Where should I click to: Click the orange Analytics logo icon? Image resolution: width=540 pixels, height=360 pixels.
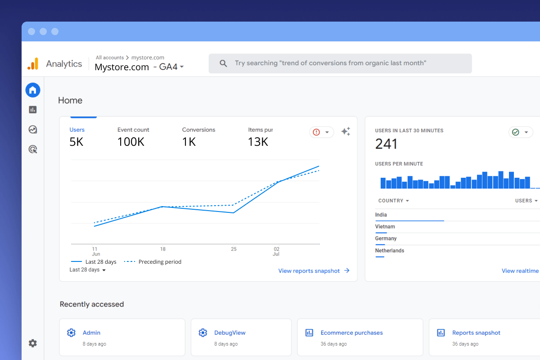click(33, 64)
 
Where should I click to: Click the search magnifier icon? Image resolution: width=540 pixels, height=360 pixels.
click(223, 63)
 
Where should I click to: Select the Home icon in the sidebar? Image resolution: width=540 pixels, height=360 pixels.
click(33, 90)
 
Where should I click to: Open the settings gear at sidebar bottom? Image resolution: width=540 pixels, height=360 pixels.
click(33, 343)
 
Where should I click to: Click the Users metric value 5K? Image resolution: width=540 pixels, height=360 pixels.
click(76, 142)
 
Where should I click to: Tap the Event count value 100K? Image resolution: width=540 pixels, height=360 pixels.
click(131, 142)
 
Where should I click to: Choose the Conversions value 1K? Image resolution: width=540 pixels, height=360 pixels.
click(189, 142)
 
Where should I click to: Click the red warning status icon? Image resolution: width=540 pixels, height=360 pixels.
click(316, 132)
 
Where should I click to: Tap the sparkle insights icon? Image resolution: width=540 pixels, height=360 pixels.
click(346, 132)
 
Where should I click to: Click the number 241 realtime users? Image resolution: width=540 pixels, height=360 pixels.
click(386, 144)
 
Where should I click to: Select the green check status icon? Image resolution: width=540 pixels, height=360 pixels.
click(516, 132)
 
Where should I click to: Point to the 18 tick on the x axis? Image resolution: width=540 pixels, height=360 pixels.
click(163, 249)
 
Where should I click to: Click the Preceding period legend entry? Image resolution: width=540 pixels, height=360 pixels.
click(160, 262)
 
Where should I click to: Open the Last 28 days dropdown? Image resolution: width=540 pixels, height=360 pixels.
click(88, 270)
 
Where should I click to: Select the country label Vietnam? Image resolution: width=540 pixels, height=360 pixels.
click(385, 227)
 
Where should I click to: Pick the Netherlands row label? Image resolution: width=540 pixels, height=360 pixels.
click(390, 251)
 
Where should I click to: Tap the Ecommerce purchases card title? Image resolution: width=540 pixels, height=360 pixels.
click(351, 333)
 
